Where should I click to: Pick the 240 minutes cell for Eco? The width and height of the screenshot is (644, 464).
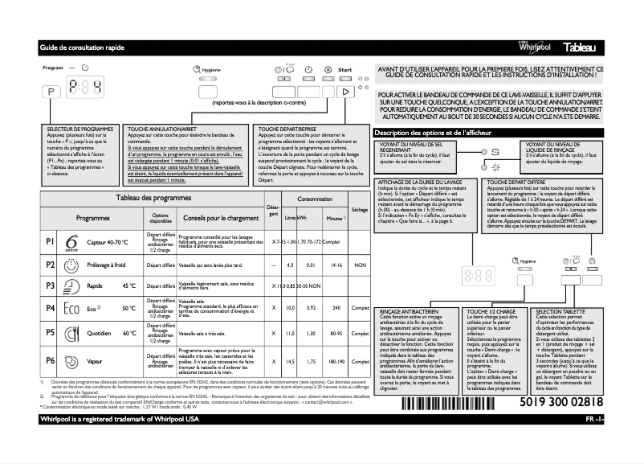tap(336, 308)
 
